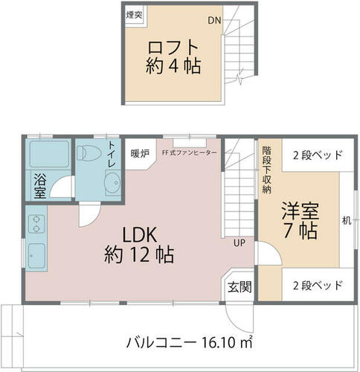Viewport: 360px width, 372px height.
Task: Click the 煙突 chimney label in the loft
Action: tap(134, 15)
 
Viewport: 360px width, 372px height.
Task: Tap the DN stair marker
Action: tap(214, 20)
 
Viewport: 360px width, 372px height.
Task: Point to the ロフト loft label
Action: tap(173, 48)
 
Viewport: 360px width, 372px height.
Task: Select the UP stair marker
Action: tap(240, 243)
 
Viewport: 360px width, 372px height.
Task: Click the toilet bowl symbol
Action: tap(89, 153)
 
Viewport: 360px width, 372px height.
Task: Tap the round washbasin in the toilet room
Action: tap(113, 182)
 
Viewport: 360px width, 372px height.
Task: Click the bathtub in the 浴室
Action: tap(49, 154)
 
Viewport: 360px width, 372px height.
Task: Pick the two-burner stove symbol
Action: tap(36, 224)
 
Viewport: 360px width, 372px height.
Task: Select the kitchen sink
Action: tap(36, 255)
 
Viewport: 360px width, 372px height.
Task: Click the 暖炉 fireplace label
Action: tap(140, 154)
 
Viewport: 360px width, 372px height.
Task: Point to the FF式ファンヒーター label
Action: tap(190, 153)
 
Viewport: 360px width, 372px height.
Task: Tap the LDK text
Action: tap(140, 235)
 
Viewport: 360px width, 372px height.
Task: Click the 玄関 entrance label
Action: tap(240, 287)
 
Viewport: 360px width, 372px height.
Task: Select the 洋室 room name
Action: tap(300, 211)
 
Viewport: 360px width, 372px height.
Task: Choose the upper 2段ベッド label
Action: tap(318, 155)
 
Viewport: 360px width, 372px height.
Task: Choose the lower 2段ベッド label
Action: tap(318, 286)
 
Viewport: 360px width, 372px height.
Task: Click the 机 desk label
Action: tap(347, 220)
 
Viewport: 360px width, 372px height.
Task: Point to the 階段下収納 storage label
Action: tap(266, 170)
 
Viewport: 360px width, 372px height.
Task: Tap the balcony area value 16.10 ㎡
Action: tap(227, 343)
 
